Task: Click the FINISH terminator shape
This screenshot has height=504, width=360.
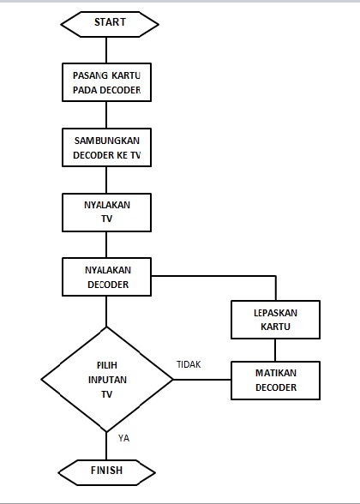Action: [106, 470]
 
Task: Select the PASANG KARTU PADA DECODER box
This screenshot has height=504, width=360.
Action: [106, 82]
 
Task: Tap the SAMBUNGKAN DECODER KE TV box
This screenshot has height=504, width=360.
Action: [106, 147]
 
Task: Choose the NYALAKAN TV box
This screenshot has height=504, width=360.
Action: [106, 212]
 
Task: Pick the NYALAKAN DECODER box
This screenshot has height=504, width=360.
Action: [106, 277]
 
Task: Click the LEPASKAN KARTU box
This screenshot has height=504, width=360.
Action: [275, 320]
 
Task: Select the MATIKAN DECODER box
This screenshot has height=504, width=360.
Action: [275, 380]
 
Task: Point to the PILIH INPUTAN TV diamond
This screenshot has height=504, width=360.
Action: [106, 379]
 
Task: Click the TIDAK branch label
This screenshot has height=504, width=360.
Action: [188, 364]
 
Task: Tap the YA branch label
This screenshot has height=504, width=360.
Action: [123, 438]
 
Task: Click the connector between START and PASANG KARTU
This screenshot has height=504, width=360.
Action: [106, 49]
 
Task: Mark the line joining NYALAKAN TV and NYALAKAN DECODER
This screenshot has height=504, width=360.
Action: [106, 244]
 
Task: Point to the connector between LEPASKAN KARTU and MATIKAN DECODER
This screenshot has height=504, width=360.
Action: [275, 350]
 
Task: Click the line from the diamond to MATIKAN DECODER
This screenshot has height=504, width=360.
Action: [201, 379]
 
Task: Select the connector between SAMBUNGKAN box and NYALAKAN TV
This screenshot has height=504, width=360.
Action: [106, 180]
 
